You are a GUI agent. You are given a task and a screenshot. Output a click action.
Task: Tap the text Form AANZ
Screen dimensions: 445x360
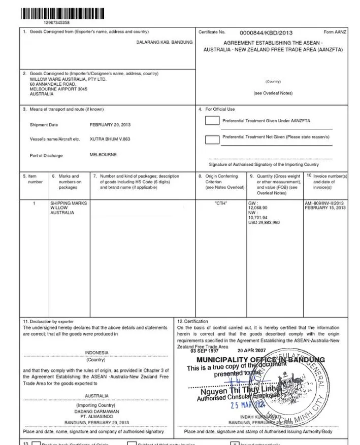(x=335, y=32)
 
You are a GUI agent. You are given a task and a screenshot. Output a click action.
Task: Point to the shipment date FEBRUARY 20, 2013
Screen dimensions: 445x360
(x=110, y=124)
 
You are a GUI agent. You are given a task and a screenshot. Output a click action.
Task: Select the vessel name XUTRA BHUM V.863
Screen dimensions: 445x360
(x=110, y=139)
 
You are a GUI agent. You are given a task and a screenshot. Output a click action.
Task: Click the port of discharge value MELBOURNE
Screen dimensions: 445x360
(x=103, y=155)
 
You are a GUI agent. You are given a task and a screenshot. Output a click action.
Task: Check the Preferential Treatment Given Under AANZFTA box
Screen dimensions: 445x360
(x=212, y=121)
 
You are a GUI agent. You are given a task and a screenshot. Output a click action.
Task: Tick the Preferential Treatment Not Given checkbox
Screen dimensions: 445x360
(x=212, y=139)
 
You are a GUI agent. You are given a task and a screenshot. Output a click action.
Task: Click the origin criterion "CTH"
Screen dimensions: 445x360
(x=221, y=203)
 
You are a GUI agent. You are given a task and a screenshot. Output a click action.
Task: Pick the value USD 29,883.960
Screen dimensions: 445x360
(x=264, y=222)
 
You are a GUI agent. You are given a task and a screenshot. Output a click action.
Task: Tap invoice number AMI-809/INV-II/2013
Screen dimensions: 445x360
(x=325, y=203)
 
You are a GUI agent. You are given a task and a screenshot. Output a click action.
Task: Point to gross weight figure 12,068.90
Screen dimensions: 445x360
(x=257, y=208)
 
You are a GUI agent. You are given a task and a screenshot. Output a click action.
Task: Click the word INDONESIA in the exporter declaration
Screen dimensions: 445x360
(x=96, y=352)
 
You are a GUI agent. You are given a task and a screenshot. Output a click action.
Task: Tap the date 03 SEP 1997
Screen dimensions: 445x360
(x=205, y=351)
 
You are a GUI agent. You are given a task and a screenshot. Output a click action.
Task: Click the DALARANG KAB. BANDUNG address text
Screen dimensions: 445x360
(x=165, y=42)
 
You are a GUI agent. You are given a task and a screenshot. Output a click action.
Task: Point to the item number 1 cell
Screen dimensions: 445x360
(x=34, y=203)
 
